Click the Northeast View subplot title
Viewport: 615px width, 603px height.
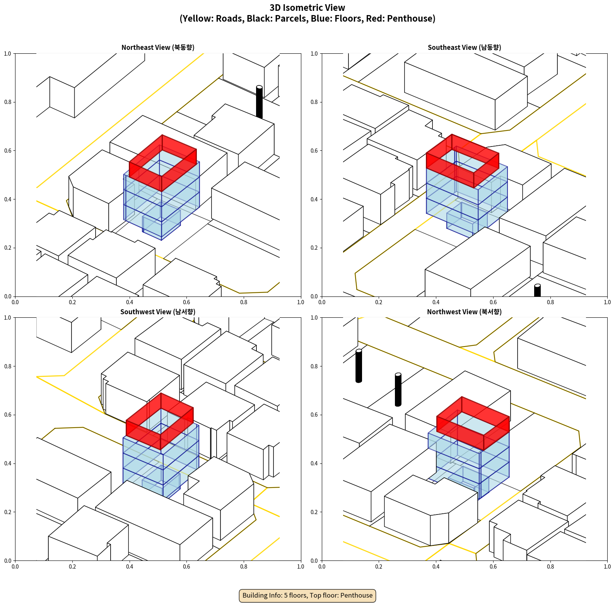pyautogui.click(x=158, y=48)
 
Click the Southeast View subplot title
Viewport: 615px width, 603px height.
pyautogui.click(x=464, y=48)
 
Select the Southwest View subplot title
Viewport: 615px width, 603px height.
pyautogui.click(x=158, y=312)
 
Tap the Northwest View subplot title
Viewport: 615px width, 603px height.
pyautogui.click(x=464, y=312)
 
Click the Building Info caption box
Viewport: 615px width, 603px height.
pyautogui.click(x=307, y=595)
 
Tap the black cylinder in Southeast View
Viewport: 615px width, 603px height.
pyautogui.click(x=537, y=291)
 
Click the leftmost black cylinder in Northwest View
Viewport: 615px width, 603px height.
pyautogui.click(x=359, y=366)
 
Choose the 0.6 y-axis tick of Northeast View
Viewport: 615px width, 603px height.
pyautogui.click(x=8, y=151)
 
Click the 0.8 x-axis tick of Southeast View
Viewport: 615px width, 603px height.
pyautogui.click(x=550, y=302)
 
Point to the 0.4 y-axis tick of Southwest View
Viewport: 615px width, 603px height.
pyautogui.click(x=8, y=463)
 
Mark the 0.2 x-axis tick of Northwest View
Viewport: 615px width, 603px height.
pyautogui.click(x=379, y=567)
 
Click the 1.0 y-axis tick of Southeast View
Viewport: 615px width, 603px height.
pyautogui.click(x=314, y=54)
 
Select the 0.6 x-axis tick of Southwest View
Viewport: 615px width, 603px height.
pyautogui.click(x=186, y=567)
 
